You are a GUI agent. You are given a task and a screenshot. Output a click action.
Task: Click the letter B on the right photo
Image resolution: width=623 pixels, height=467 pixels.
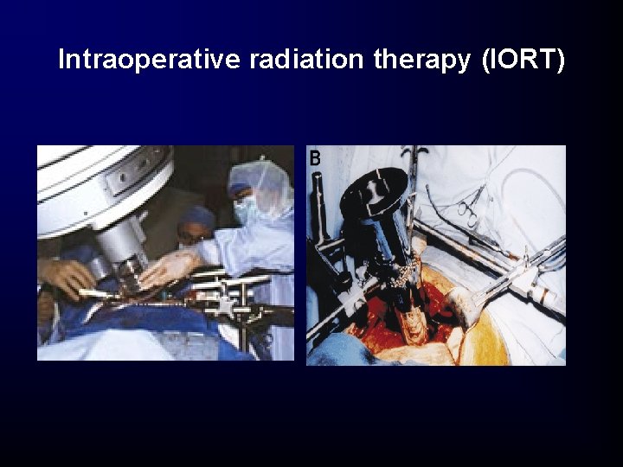[x=316, y=158]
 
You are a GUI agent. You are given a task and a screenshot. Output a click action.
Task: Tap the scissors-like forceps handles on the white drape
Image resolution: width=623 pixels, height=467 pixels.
[x=470, y=208]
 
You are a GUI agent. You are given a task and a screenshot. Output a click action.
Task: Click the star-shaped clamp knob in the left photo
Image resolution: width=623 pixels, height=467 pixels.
[x=228, y=305]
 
